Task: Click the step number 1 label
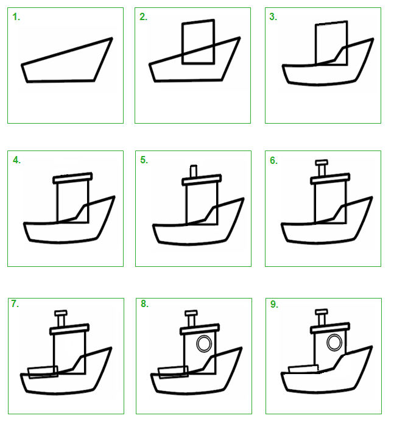16,17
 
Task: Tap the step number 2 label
143,16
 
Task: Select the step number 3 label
273,16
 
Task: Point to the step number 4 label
16,160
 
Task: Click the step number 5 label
144,160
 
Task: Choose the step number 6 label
274,160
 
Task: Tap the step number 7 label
15,303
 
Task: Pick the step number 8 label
144,303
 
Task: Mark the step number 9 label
274,304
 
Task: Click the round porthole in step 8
204,344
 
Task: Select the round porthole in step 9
334,342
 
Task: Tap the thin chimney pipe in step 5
194,171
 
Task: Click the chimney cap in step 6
322,163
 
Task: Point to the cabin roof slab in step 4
72,178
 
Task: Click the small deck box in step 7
43,372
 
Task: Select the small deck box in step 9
303,369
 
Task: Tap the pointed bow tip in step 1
112,38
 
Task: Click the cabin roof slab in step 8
200,329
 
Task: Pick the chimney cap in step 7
61,313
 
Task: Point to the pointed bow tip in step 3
373,39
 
